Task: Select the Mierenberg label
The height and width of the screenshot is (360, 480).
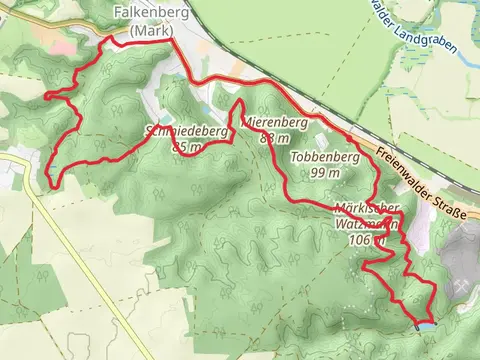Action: click(x=274, y=123)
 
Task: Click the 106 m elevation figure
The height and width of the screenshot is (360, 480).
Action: click(x=362, y=240)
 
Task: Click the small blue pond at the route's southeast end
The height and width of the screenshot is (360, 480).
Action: click(x=426, y=325)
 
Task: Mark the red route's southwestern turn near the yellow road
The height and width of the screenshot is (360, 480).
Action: click(x=50, y=183)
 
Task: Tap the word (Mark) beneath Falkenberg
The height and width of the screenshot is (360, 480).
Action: click(x=148, y=31)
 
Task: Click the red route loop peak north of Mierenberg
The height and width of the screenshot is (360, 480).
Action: click(x=240, y=103)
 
